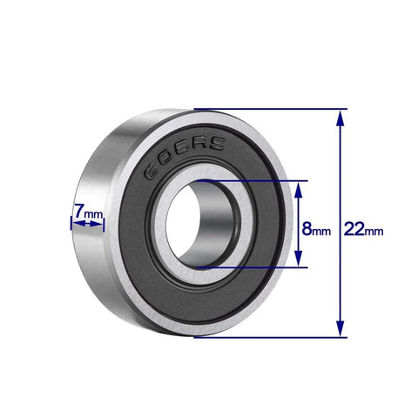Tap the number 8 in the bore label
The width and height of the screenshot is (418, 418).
click(x=307, y=230)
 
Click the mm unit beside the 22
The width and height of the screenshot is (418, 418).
click(x=374, y=232)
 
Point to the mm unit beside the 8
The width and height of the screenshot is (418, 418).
click(x=322, y=233)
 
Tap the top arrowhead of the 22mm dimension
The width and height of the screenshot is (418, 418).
click(x=340, y=114)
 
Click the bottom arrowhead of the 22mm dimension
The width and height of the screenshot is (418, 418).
click(x=340, y=332)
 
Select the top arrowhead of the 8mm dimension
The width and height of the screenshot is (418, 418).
click(x=299, y=186)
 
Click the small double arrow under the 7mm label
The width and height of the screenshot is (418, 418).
click(x=86, y=224)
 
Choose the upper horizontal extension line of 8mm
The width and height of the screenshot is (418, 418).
click(x=253, y=181)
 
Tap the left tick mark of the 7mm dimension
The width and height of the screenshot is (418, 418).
click(x=71, y=224)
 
